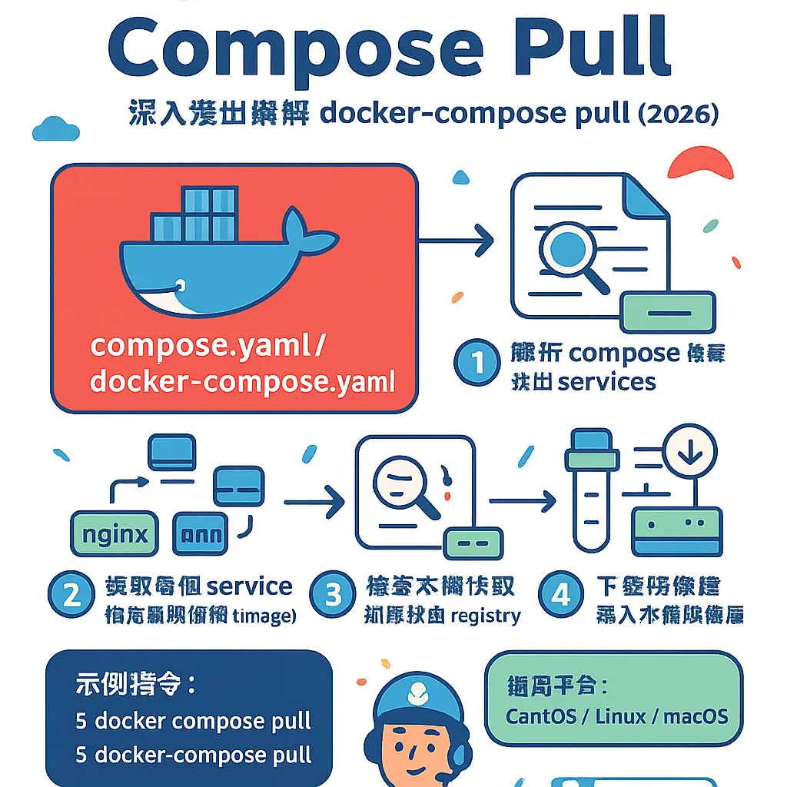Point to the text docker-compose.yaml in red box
point(242,380)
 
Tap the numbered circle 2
point(72,596)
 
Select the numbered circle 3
point(332,596)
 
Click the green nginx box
point(114,533)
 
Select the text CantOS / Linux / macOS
point(616,716)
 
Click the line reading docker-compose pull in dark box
point(193,755)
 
